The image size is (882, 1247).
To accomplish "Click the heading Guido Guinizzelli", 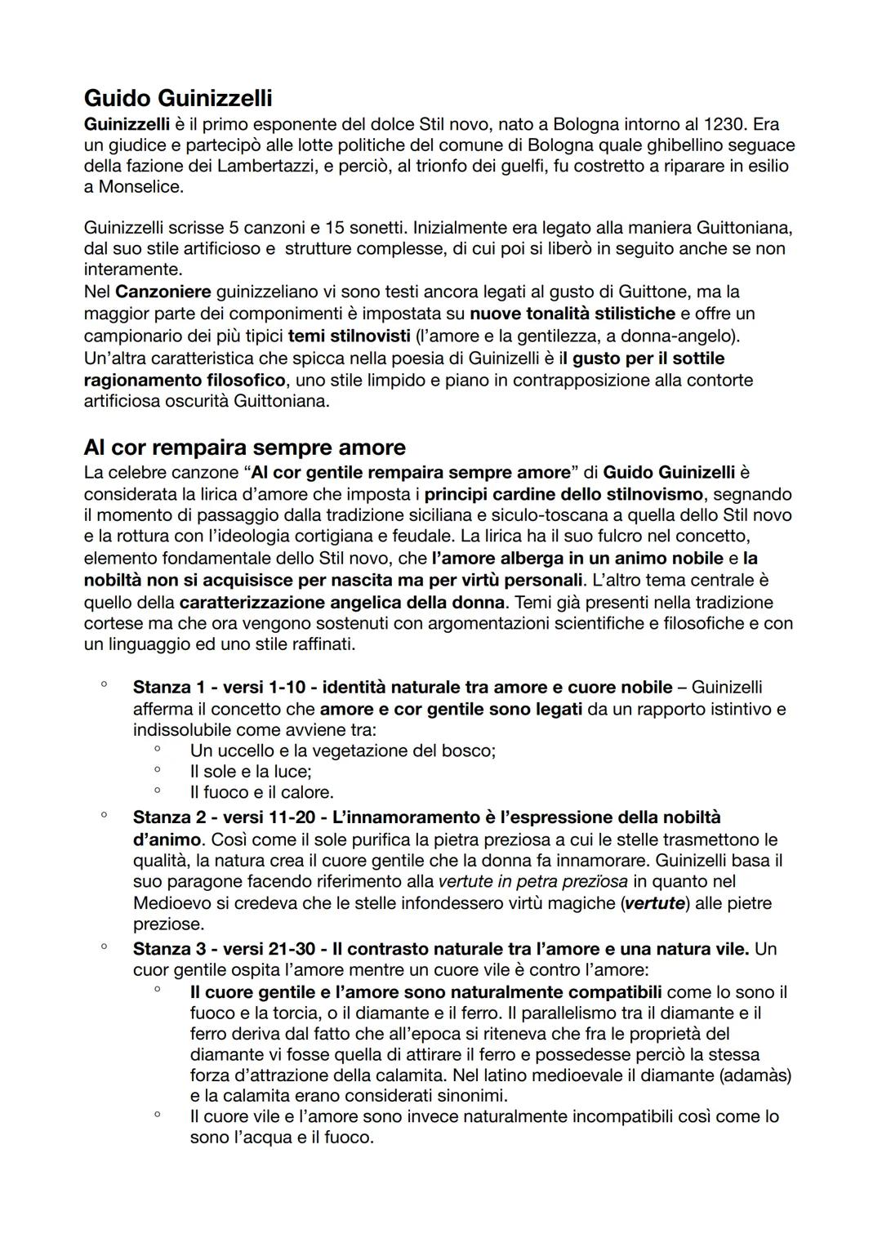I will point(178,99).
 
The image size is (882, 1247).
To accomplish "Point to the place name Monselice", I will point(140,187).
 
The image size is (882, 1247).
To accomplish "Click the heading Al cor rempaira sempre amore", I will point(244,448).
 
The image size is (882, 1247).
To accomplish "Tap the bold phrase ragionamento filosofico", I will point(185,380).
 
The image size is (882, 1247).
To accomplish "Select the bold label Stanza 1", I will point(167,688).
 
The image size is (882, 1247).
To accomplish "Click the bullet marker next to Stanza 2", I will point(104,815).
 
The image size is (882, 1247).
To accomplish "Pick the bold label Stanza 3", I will point(167,949).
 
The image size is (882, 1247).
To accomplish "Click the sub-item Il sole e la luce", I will point(250,771).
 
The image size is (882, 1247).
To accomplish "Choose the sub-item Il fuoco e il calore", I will point(261,792).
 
